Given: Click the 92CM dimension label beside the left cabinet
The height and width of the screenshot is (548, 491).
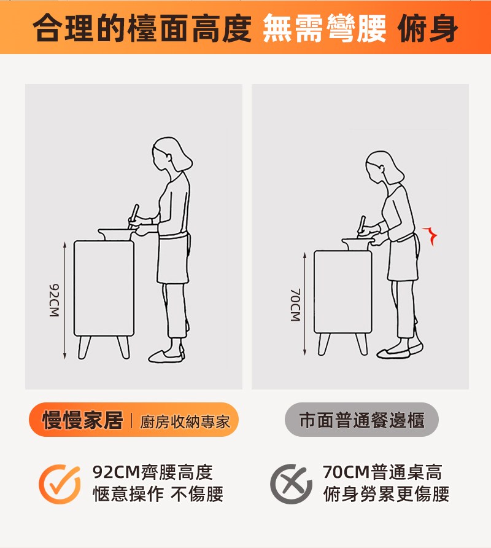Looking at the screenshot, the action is tap(54, 300).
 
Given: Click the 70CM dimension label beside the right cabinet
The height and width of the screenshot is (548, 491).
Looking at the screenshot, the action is tap(295, 305).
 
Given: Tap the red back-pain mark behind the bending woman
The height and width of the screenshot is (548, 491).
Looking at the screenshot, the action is tap(430, 236).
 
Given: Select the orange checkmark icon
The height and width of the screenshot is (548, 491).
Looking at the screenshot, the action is tap(60, 484).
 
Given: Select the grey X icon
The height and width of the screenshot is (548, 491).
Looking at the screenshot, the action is tap(291, 484).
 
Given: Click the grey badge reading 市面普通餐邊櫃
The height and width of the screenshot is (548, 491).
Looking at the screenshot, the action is tap(361, 420).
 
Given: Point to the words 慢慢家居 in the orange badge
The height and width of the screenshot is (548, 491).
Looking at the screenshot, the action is tap(82, 420).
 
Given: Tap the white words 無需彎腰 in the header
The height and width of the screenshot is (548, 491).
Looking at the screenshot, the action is tap(325, 28).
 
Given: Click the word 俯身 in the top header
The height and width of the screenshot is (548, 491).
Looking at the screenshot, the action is tap(427, 28).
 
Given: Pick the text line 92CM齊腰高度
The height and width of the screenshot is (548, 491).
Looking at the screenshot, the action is tap(153, 472).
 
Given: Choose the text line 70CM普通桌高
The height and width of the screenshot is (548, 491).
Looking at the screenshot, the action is tap(382, 472).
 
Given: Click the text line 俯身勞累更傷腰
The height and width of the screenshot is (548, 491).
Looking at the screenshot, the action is tap(386, 494).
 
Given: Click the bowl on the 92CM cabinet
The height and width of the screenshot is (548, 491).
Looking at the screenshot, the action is tap(115, 235).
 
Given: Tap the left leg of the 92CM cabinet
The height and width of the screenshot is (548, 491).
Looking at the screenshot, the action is tap(84, 347).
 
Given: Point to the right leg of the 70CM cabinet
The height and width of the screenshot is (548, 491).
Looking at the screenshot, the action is tap(362, 344).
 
